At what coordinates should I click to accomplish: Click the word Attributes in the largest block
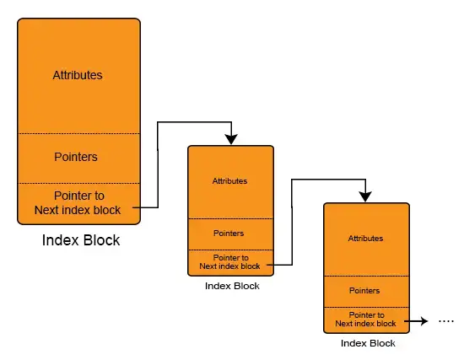coord(78,75)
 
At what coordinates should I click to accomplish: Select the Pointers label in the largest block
coord(76,157)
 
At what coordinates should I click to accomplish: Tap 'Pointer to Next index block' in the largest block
coord(78,203)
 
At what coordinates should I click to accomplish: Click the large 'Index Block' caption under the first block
coord(81,240)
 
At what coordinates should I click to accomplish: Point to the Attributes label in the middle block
coord(229,181)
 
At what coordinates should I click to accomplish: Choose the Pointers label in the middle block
coord(229,234)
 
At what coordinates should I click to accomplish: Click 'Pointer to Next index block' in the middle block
coord(230,262)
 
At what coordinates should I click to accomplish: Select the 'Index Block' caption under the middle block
coord(232,286)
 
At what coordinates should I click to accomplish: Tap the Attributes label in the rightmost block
coord(365,239)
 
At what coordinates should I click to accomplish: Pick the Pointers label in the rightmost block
coord(364,291)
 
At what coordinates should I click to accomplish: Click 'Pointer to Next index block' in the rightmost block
coord(366,320)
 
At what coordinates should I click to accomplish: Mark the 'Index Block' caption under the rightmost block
coord(368,343)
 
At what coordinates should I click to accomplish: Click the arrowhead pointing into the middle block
coord(231,139)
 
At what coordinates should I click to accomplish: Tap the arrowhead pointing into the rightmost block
coord(365,196)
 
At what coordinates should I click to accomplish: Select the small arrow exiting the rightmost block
coord(416,321)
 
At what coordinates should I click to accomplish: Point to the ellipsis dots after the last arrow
coord(446,321)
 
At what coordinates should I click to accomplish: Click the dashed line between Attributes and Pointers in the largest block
coord(79,134)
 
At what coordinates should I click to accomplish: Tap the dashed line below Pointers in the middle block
coord(231,250)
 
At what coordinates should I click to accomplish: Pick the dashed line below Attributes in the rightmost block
coord(367,276)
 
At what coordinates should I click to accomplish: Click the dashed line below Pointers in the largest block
coord(79,184)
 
